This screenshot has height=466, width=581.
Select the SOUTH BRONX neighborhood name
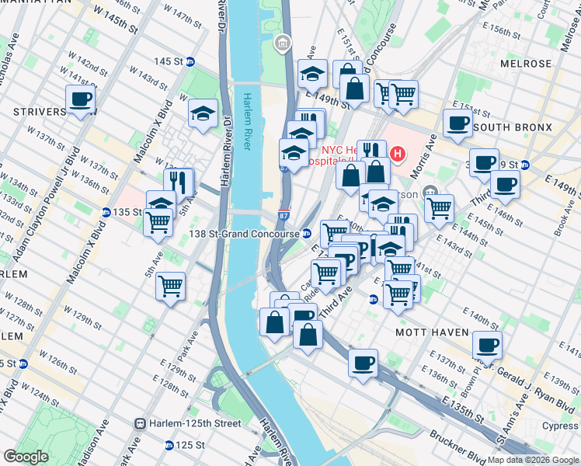coord(512,127)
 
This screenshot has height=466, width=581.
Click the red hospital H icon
coord(398,155)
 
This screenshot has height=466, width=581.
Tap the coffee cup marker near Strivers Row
coord(81,99)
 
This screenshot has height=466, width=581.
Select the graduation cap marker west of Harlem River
coord(203,114)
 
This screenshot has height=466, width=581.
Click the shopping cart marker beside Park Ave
coord(170,285)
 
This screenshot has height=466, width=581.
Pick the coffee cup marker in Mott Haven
coord(487,344)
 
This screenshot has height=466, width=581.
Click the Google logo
coord(26,457)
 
